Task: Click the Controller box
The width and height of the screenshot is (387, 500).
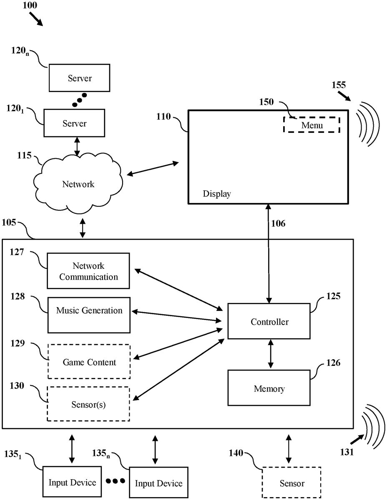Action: pos(269,321)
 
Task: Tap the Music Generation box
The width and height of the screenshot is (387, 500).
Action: pos(89,315)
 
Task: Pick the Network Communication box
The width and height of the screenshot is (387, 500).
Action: pos(88,271)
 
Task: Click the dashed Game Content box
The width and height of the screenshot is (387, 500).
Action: pos(89,362)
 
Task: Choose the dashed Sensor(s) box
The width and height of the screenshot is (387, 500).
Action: pos(88,404)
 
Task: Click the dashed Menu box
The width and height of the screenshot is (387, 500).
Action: pos(312,124)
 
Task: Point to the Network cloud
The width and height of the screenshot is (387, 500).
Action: pos(78,184)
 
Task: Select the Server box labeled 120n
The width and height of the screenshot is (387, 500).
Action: pos(80,78)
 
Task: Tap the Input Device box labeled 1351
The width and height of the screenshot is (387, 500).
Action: pos(72,482)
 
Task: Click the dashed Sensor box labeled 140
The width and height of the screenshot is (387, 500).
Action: pos(292,483)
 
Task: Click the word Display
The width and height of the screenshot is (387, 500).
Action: pos(216,194)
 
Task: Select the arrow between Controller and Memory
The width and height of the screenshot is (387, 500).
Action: pos(271,354)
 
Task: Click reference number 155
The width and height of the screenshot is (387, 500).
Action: pos(338,85)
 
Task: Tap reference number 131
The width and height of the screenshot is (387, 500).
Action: pos(346,452)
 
